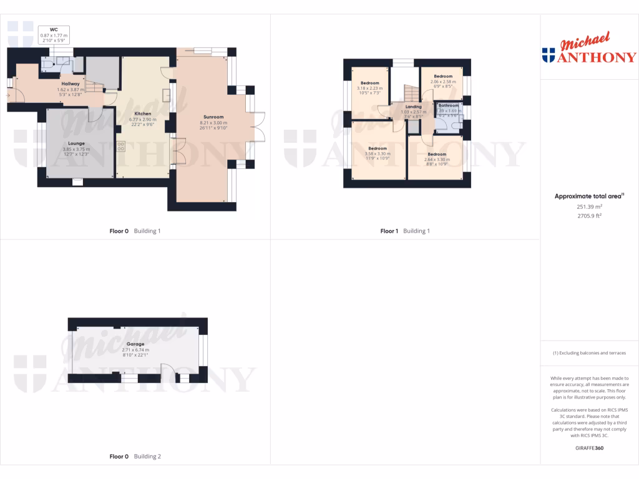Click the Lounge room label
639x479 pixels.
click(76, 143)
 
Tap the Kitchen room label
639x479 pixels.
click(142, 113)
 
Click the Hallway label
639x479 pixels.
click(70, 84)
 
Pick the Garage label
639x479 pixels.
click(135, 344)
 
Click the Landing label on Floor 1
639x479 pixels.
click(413, 107)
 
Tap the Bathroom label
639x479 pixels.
click(448, 106)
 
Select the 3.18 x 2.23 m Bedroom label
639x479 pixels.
click(369, 83)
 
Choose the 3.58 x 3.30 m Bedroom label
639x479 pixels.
click(378, 148)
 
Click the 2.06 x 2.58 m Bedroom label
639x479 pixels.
click(443, 76)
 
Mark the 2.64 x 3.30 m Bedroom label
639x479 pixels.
click(437, 154)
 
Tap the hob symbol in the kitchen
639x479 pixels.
click(120, 147)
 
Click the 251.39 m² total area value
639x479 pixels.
click(588, 206)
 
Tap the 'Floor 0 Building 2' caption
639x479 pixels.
click(135, 457)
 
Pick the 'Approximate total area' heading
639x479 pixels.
click(588, 196)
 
